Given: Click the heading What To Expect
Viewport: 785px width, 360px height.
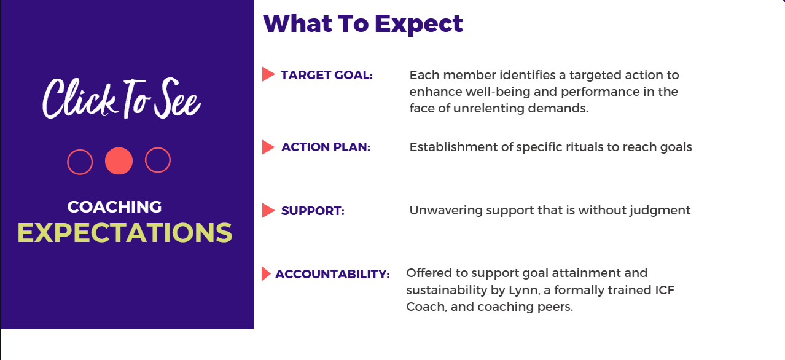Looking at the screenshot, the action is pos(363,24).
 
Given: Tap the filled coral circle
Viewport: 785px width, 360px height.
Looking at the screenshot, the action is pos(119,161).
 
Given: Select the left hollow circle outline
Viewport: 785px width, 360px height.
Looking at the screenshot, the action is pos(68,162).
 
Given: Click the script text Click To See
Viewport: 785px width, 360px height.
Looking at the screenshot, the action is pos(122,98).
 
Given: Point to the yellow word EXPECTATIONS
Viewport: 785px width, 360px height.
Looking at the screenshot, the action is pos(125,233).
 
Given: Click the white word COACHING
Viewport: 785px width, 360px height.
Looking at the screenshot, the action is pos(115,207).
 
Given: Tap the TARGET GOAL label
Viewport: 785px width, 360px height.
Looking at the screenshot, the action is pos(327,75).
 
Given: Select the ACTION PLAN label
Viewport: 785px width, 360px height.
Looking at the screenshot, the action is pos(326,147).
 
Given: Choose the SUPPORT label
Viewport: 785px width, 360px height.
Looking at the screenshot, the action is pos(313,211).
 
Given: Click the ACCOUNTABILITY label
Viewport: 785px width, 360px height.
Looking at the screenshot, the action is pos(332,274).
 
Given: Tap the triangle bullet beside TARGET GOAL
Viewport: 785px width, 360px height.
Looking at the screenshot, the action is pos(268,74).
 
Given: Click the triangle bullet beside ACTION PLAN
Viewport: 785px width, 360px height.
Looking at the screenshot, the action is pos(268,147).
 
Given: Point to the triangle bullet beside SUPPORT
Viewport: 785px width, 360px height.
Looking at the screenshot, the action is pos(268,211).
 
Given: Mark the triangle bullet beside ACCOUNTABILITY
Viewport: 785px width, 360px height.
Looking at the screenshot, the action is pos(266,274).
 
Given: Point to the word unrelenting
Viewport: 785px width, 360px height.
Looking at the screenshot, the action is pos(488,108).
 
